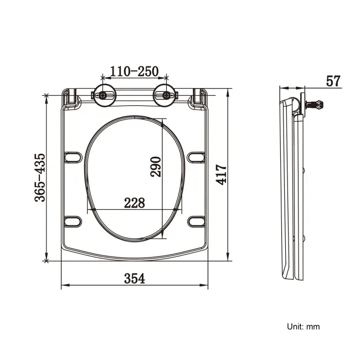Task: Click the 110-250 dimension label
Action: pyautogui.click(x=134, y=71)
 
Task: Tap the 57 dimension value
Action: pyautogui.click(x=333, y=81)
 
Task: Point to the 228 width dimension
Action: pyautogui.click(x=134, y=203)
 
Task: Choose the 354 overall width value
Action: pyautogui.click(x=134, y=279)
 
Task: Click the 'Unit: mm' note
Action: pyautogui.click(x=303, y=327)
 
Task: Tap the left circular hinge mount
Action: pyautogui.click(x=104, y=95)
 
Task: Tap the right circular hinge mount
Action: pyautogui.click(x=164, y=95)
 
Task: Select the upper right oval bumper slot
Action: pyautogui.click(x=196, y=158)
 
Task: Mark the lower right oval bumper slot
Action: pyautogui.click(x=196, y=222)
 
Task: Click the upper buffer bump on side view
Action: pyautogui.click(x=307, y=170)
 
